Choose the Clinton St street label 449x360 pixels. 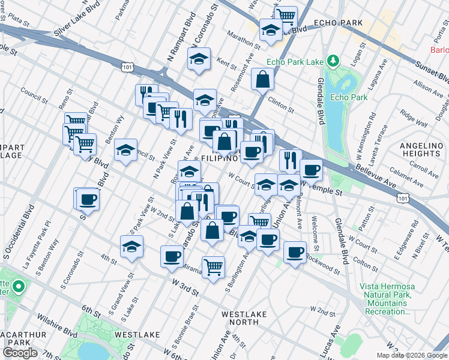280,106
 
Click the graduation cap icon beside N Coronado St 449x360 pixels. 199,59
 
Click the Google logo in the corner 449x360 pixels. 20,353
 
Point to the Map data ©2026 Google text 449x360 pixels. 411,355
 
